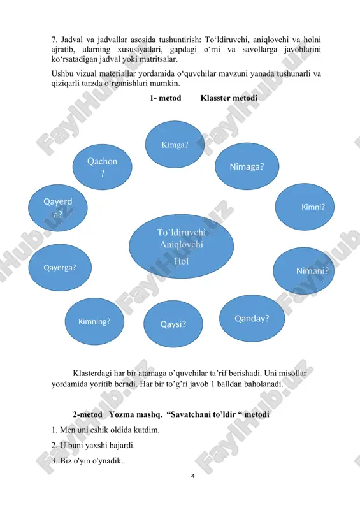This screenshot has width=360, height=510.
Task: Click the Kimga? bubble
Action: tap(175, 145)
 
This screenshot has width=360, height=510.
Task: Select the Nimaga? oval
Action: tap(247, 166)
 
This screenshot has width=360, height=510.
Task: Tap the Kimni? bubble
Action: tap(305, 207)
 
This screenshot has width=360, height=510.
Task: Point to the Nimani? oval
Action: tap(304, 270)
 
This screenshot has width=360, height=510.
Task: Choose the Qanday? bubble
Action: tap(252, 318)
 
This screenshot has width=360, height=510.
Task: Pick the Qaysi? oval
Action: tap(173, 324)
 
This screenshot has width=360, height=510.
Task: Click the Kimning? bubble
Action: tap(94, 321)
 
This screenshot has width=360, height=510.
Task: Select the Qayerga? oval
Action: tap(60, 267)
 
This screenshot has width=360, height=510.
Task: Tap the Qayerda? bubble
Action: tap(58, 208)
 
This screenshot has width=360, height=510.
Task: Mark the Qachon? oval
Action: tap(102, 167)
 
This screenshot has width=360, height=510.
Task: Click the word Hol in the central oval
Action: tap(181, 261)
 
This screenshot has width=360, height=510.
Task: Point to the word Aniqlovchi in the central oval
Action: tap(181, 245)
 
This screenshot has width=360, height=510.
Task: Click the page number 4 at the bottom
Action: tap(193, 476)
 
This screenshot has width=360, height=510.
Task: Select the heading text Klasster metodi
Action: tap(229, 98)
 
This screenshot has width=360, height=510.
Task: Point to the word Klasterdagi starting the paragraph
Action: tap(92, 374)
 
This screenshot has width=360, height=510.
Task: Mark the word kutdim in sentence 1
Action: tap(148, 430)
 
